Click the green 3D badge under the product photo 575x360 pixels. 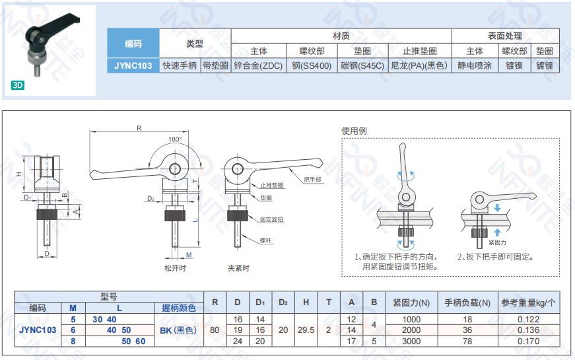(x=18, y=85)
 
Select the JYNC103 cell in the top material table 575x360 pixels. (x=133, y=65)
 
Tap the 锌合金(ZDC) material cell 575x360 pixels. (x=258, y=65)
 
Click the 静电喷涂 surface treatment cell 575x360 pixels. (x=475, y=65)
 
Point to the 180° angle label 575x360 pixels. (x=174, y=139)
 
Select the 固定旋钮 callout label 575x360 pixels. (x=271, y=219)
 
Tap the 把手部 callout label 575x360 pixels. (x=312, y=179)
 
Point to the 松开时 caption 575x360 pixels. (x=175, y=268)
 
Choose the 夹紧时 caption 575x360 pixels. (x=238, y=268)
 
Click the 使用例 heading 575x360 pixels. (x=354, y=131)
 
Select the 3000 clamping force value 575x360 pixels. (x=411, y=342)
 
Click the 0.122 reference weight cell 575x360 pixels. (x=528, y=319)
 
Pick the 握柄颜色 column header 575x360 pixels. (x=179, y=308)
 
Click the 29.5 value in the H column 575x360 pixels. (x=306, y=330)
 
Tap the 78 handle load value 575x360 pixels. (x=467, y=342)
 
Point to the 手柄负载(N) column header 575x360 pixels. (x=467, y=303)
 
